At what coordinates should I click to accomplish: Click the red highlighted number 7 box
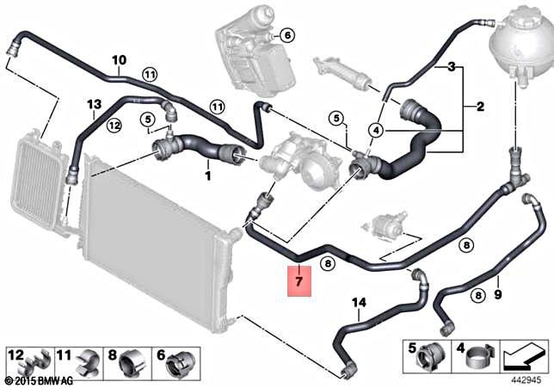299,280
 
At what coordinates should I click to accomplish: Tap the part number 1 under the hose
207,176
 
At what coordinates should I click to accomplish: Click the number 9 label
497,296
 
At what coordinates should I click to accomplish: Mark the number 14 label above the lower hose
359,301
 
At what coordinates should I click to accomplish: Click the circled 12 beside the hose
114,126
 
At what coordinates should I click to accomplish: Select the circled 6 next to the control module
286,35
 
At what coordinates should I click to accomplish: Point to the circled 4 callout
375,130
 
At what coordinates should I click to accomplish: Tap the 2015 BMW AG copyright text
40,379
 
